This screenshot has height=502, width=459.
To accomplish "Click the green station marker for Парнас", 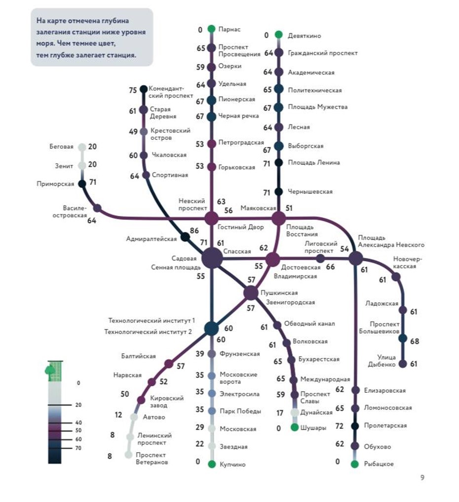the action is pos(211,29).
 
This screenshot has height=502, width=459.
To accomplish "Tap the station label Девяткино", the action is pos(304,36).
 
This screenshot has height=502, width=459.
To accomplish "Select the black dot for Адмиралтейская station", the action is pos(185,237).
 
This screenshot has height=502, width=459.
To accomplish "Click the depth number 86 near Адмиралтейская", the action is pos(194,231).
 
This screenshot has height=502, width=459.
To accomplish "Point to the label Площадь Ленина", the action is pos(314,163).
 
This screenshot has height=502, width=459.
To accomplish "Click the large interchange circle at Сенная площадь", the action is pos(212,258).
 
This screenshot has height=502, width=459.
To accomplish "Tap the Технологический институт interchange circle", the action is pos(211,329).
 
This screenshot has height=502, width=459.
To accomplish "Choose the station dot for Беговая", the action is pos(82,147).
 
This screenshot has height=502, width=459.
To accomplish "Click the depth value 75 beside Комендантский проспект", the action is pos(133,90).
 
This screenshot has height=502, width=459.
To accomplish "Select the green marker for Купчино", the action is pos(212,464).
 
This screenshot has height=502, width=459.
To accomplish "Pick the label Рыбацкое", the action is pos(379,464).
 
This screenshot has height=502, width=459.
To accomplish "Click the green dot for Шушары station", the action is pos(295,427).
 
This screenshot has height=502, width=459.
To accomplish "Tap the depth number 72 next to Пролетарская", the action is pos(340,426).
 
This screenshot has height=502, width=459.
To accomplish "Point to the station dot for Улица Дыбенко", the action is pos(403,364).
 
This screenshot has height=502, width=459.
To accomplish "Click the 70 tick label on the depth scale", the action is pos(78,448).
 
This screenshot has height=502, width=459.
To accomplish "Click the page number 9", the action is pos(422,478).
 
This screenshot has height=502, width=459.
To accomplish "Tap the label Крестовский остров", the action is pos(170,134).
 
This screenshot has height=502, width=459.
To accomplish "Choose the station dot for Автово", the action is pos(134,417).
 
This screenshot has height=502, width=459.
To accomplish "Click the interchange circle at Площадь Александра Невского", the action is pos(355,258).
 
